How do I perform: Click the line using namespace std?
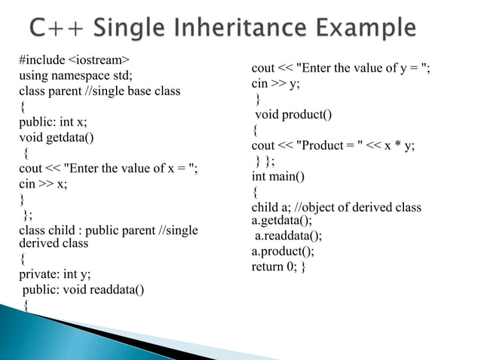[x=75, y=76]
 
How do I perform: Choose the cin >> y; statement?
[x=275, y=84]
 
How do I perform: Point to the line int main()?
[x=277, y=176]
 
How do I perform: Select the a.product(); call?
[x=283, y=252]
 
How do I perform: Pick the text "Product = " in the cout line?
[x=331, y=145]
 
